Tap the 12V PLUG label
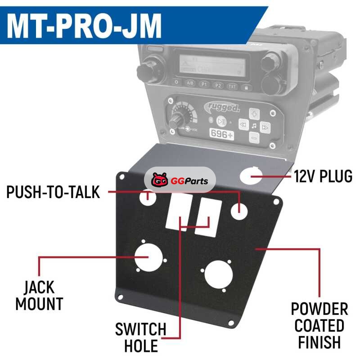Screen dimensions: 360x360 (323, 176)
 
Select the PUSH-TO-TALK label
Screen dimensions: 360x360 (53, 193)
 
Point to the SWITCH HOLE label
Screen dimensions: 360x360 (140, 337)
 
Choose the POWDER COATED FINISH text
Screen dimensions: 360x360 (319, 325)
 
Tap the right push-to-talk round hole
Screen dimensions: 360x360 (240, 210)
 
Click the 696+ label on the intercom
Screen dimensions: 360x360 (219, 134)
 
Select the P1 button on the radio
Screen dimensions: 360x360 (204, 85)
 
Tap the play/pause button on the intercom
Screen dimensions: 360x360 (221, 121)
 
